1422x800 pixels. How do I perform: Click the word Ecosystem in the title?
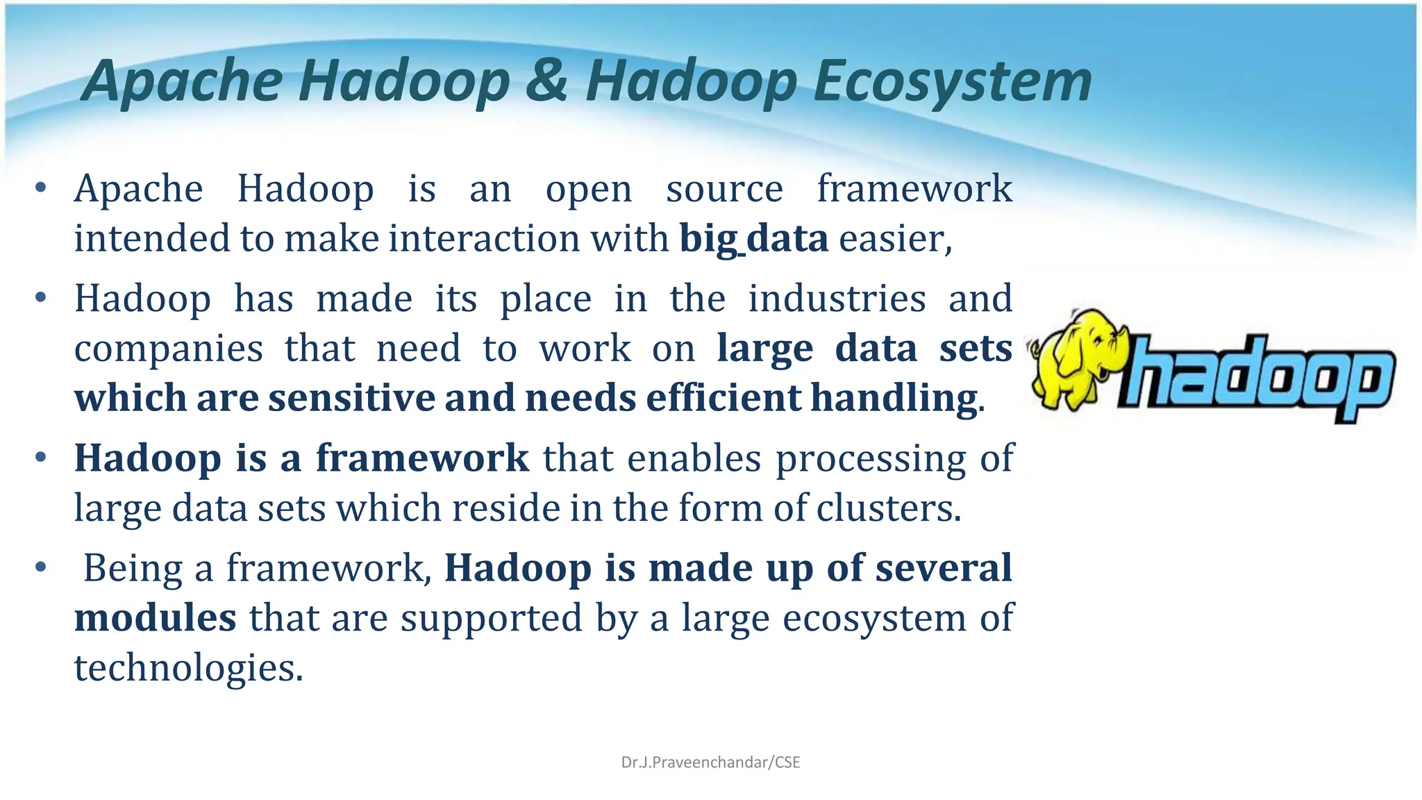[952, 82]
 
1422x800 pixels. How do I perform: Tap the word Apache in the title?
[183, 82]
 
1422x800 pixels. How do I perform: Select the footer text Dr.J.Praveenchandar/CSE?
[710, 762]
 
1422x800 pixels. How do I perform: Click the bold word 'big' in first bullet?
[708, 239]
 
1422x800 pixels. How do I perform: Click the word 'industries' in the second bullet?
[837, 299]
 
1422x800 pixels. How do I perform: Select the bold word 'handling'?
[894, 399]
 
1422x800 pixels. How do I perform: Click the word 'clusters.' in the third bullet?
[889, 508]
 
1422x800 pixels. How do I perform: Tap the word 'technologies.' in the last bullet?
[189, 668]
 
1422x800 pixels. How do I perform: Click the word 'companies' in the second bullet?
[169, 349]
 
